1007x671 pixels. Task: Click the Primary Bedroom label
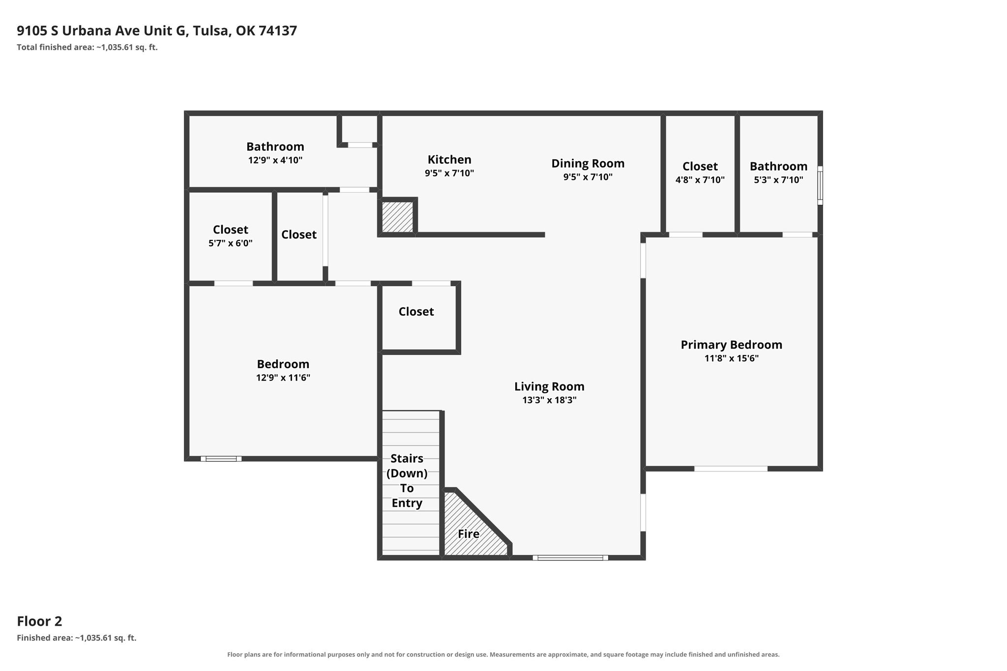731,345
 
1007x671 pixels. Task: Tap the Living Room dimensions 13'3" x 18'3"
549,400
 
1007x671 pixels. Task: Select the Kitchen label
449,159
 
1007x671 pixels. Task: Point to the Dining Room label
588,163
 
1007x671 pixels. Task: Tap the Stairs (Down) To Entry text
407,481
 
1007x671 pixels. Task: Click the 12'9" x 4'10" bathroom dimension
275,160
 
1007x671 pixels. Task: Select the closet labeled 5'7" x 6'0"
231,236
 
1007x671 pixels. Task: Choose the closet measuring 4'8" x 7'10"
700,173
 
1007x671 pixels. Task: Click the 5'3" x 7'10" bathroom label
778,173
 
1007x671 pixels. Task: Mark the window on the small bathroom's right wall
820,185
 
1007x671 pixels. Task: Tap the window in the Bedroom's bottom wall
221,459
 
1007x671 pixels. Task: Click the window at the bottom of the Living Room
570,557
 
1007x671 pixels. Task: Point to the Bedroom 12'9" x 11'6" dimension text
283,378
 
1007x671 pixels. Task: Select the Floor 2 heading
39,621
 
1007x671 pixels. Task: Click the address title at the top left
157,31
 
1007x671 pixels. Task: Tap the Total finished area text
87,48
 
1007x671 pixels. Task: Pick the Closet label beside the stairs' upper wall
416,312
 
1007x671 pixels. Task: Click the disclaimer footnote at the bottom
503,654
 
